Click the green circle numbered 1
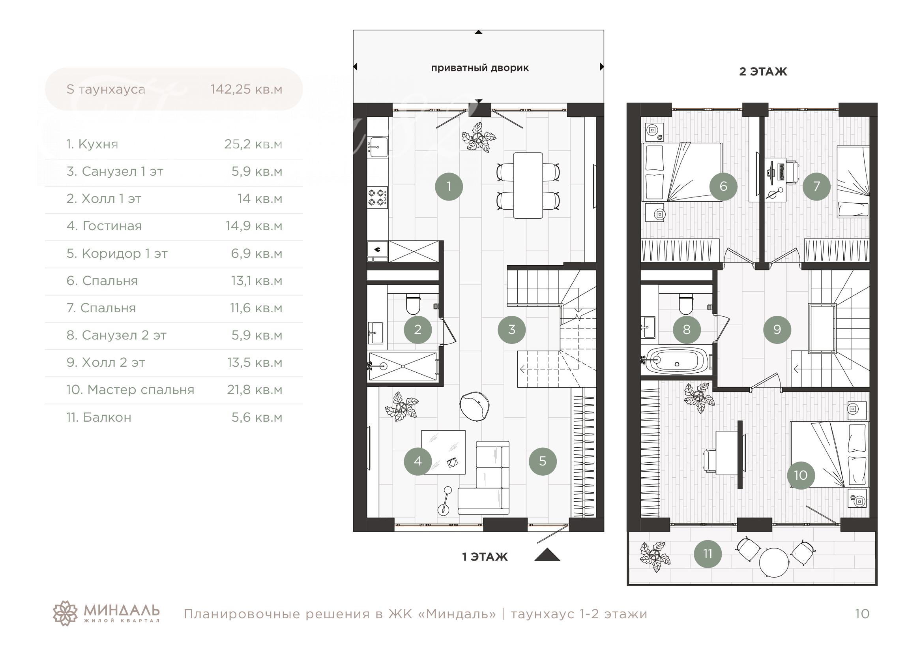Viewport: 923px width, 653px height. (x=449, y=186)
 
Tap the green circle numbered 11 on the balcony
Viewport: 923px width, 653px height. (x=708, y=554)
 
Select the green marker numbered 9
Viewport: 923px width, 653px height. (x=777, y=329)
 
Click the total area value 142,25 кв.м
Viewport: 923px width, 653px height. (x=246, y=89)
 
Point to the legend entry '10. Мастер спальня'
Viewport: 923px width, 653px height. (x=130, y=390)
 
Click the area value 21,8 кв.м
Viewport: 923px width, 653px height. (x=255, y=390)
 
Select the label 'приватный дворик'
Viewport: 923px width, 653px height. (x=479, y=68)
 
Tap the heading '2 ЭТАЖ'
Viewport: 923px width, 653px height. (x=763, y=71)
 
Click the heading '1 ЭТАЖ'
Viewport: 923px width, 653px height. (x=485, y=557)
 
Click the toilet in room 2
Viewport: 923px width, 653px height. (x=413, y=304)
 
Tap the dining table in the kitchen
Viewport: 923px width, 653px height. (x=528, y=186)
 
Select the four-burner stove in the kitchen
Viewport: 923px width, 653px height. (x=378, y=198)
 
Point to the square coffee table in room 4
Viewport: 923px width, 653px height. (x=444, y=452)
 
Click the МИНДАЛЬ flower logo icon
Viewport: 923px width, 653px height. (x=65, y=613)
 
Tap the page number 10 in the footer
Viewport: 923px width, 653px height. (x=862, y=614)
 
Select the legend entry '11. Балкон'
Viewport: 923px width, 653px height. (x=99, y=417)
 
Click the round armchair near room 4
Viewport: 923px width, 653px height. (x=475, y=407)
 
